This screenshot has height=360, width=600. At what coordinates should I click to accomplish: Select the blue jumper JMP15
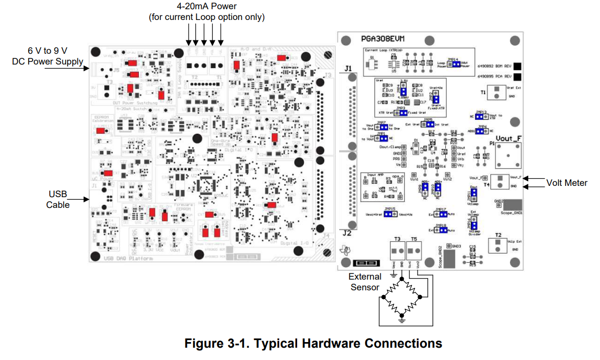click(x=390, y=214)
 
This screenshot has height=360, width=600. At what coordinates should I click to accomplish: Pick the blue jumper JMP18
click(x=441, y=230)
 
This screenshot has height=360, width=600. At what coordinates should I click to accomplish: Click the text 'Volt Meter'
click(x=567, y=183)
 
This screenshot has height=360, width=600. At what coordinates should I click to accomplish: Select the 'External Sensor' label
click(x=365, y=282)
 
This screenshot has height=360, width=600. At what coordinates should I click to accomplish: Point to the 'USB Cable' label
click(x=58, y=199)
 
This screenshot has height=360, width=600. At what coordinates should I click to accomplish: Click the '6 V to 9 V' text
click(x=48, y=51)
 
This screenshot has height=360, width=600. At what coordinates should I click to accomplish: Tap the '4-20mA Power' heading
click(x=206, y=7)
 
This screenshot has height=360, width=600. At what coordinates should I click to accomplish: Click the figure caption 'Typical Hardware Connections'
click(x=313, y=343)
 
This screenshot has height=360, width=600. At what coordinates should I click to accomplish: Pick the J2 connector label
click(x=347, y=233)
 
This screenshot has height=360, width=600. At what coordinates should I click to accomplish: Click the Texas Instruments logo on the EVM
click(x=347, y=250)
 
